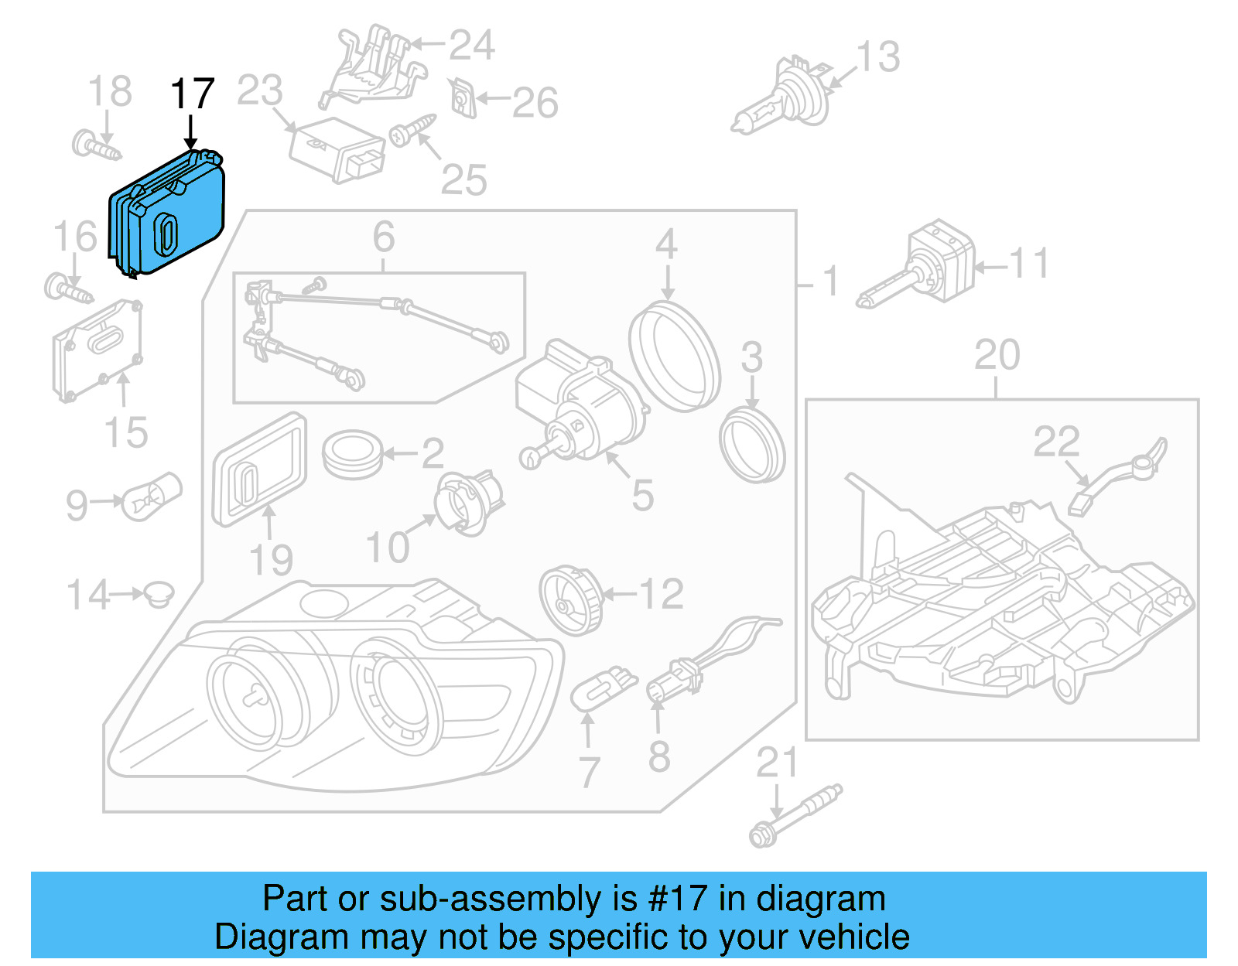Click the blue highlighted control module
pos(166,213)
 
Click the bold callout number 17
pos(192,94)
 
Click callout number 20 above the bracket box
pos(997,356)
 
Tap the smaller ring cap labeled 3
pos(751,446)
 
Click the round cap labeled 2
pos(352,455)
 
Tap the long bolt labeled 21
pos(795,816)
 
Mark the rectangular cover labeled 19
pos(259,469)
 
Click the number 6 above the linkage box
pos(384,237)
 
